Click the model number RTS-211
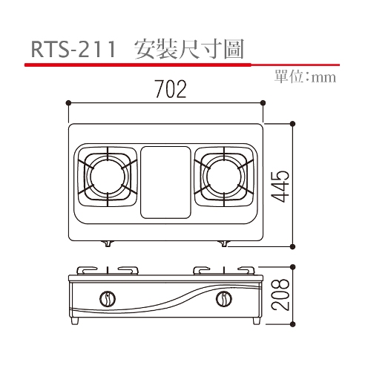tap(73, 50)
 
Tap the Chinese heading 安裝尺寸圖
tap(189, 49)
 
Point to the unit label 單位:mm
tap(305, 77)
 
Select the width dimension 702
tap(171, 89)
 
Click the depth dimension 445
tap(280, 186)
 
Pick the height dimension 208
tap(280, 295)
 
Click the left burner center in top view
tap(108, 177)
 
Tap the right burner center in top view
tap(224, 177)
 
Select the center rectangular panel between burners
tap(165, 183)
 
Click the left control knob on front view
tap(108, 299)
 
